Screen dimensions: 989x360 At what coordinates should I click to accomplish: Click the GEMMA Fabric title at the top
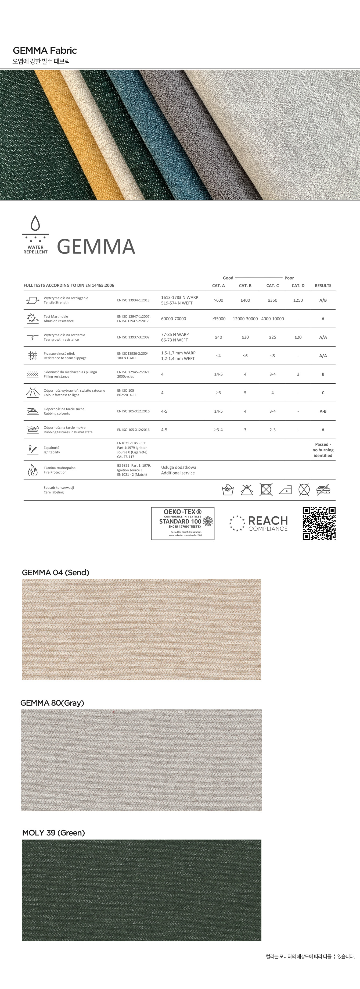click(45, 50)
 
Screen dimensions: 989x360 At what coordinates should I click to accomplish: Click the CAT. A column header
click(218, 286)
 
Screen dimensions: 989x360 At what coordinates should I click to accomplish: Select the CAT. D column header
click(298, 286)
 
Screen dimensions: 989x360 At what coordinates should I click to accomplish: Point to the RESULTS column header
click(323, 286)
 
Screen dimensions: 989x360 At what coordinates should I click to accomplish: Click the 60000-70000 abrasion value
click(174, 319)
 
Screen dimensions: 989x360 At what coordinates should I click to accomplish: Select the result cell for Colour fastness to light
click(323, 393)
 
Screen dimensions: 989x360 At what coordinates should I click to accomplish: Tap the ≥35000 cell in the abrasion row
click(218, 319)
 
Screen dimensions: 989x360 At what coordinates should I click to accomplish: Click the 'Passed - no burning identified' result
click(323, 450)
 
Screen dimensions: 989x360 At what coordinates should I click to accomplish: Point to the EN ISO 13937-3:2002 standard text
click(133, 337)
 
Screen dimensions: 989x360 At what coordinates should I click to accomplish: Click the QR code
click(319, 523)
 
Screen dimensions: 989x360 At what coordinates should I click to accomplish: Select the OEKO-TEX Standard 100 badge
click(183, 523)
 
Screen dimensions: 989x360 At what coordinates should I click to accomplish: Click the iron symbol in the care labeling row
click(285, 490)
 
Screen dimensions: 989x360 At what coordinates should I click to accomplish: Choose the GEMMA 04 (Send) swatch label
click(56, 572)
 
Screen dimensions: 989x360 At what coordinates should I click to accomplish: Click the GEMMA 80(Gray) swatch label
click(52, 703)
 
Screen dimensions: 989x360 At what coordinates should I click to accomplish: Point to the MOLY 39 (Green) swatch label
click(53, 833)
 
